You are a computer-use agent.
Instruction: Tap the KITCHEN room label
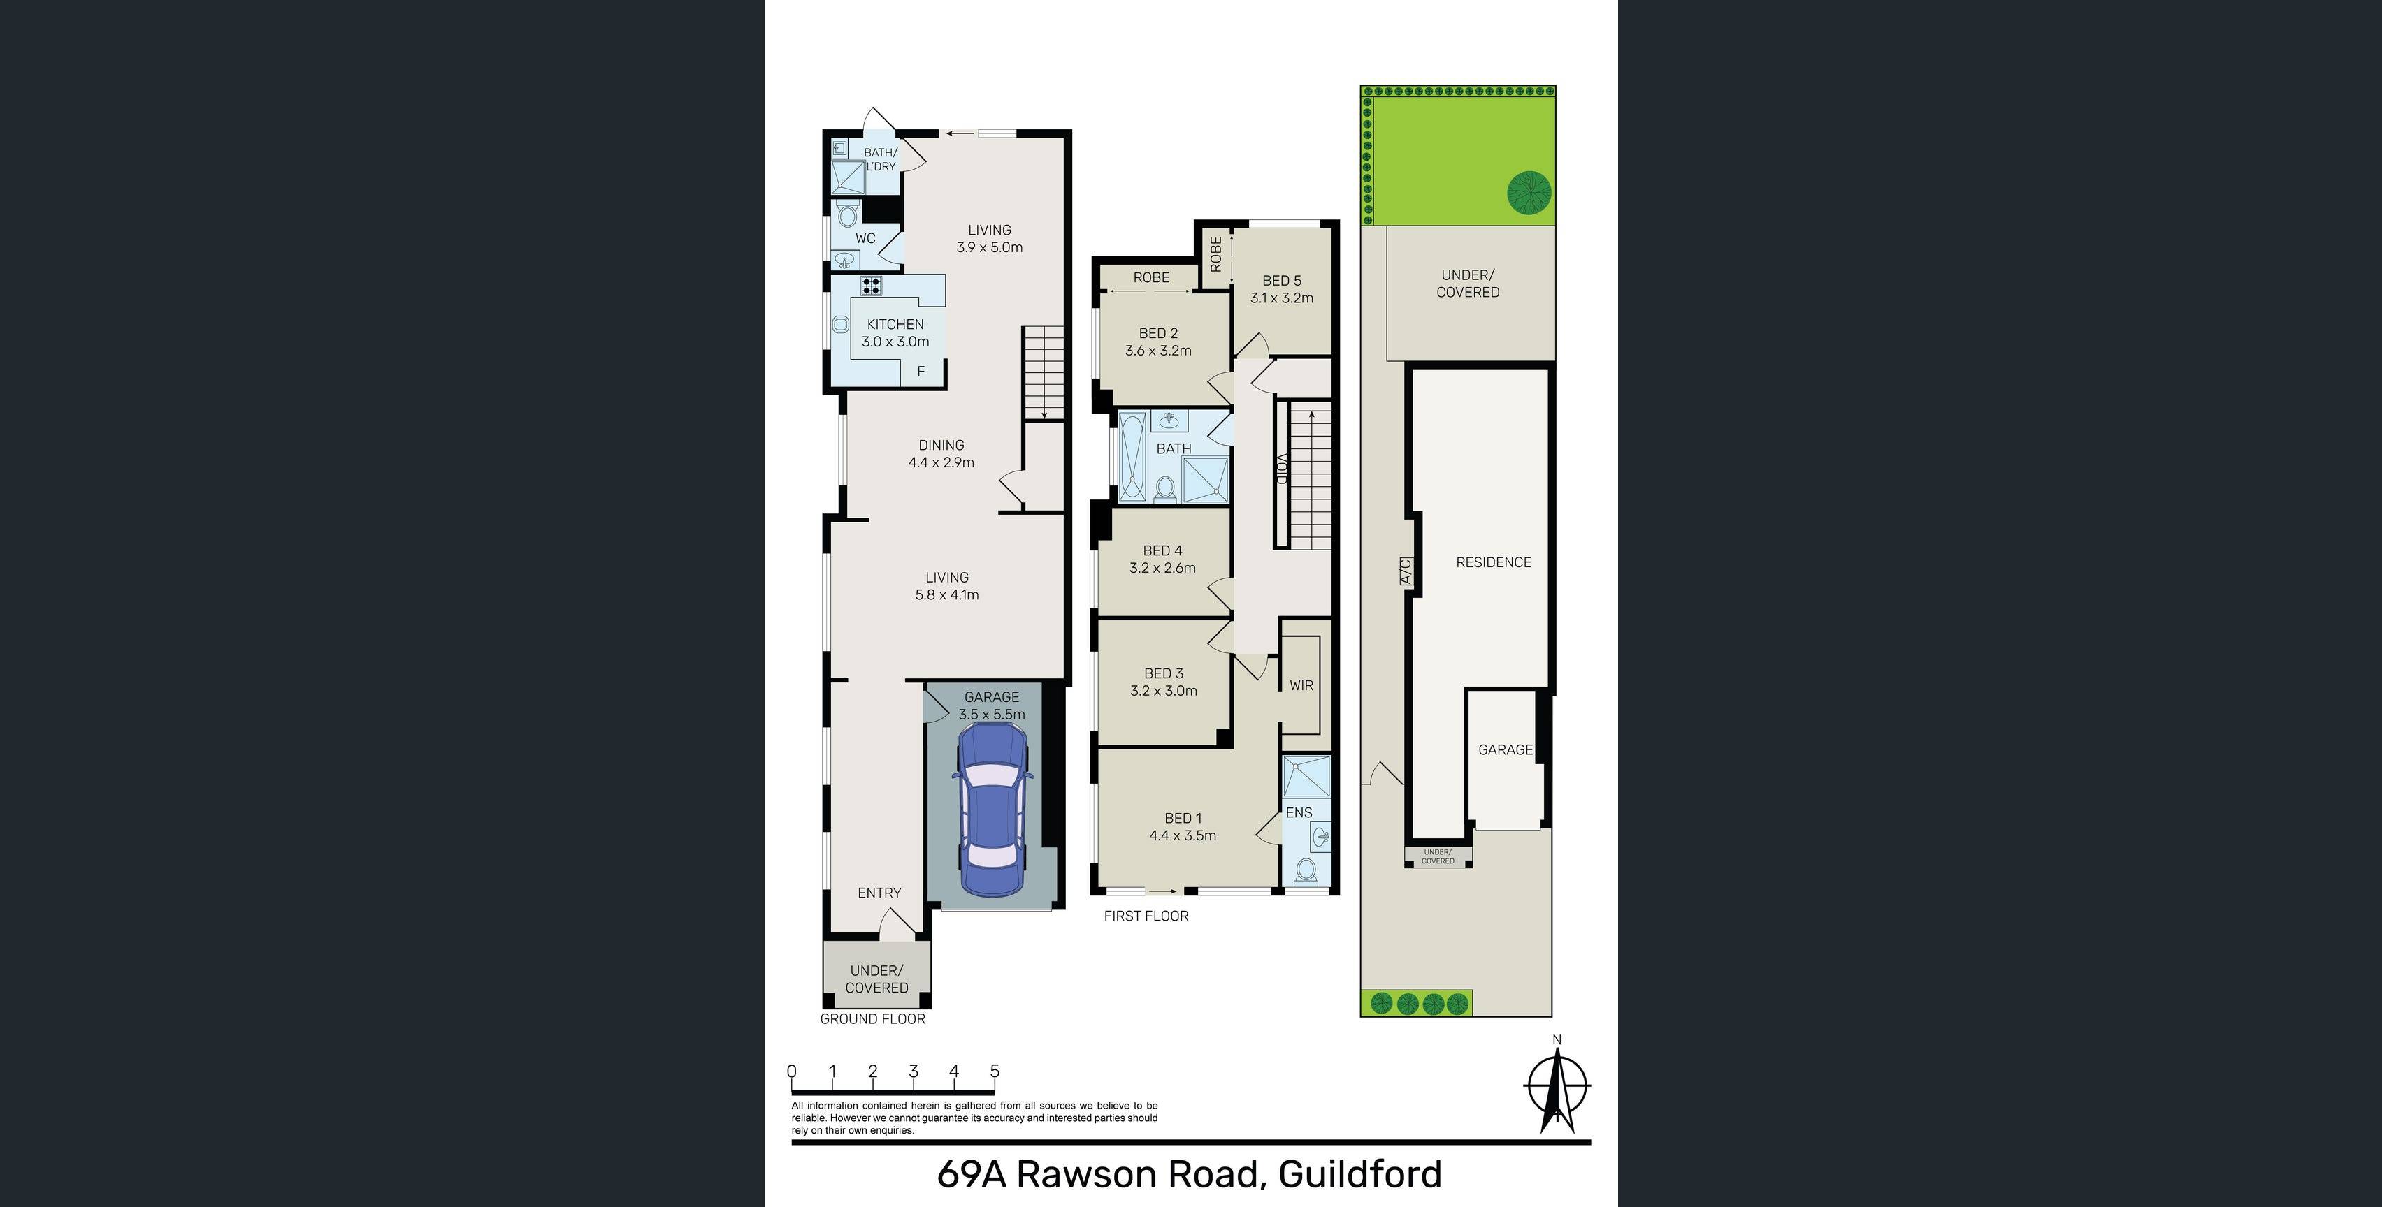[x=895, y=324]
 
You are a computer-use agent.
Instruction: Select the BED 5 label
[x=1282, y=281]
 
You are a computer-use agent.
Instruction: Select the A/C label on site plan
[x=1406, y=570]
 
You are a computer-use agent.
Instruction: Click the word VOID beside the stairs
[x=1282, y=469]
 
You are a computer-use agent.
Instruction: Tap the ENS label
[x=1299, y=812]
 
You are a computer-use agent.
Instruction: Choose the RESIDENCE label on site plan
[x=1494, y=562]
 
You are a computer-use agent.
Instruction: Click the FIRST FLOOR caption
[x=1146, y=916]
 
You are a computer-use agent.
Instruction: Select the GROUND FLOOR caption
[x=873, y=1018]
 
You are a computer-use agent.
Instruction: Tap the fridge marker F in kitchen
[x=921, y=372]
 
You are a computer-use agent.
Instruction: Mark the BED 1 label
[x=1183, y=818]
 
